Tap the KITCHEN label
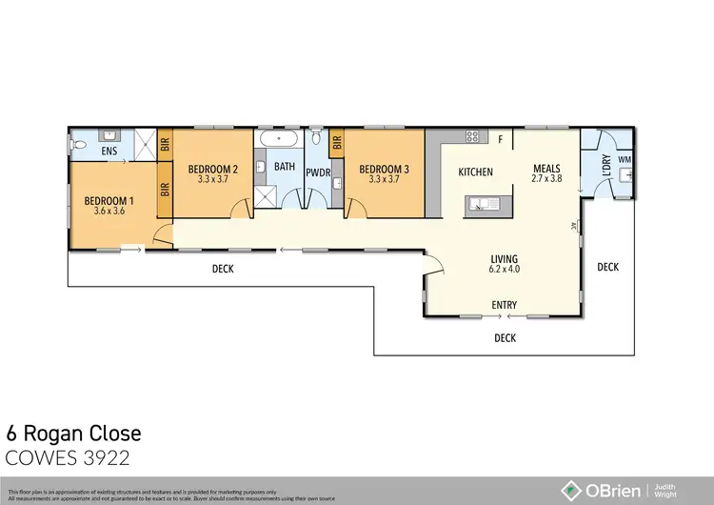[475, 172]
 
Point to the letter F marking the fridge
[500, 140]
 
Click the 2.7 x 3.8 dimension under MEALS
[547, 177]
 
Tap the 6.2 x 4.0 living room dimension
[504, 269]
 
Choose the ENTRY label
[504, 305]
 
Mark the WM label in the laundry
[625, 159]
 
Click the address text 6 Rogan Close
[74, 434]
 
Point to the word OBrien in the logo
[611, 489]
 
